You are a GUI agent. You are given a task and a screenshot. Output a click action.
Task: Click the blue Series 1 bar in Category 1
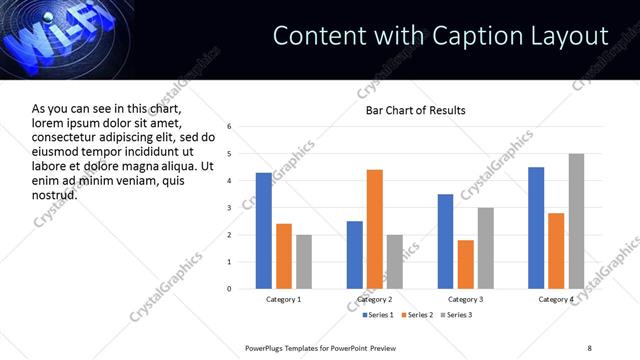tap(264, 231)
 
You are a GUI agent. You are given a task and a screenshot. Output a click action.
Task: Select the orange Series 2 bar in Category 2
tap(375, 229)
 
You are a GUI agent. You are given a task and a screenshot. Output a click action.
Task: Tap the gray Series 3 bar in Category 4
tap(576, 221)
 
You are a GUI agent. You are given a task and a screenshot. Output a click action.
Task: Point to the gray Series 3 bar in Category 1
tap(304, 262)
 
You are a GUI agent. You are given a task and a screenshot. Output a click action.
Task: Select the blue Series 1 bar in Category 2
tap(355, 255)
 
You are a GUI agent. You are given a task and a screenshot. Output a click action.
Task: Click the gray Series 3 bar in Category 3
tap(485, 248)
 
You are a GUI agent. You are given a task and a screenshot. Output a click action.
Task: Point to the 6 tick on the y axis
tap(229, 127)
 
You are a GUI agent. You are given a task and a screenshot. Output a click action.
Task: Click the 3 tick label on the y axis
tap(229, 208)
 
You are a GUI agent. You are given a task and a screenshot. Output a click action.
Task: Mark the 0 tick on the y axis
tap(229, 289)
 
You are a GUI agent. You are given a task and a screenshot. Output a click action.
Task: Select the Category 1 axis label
tap(284, 299)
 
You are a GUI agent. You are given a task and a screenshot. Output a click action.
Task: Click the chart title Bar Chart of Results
tap(415, 110)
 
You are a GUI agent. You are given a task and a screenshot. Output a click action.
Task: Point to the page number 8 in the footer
tap(589, 347)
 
